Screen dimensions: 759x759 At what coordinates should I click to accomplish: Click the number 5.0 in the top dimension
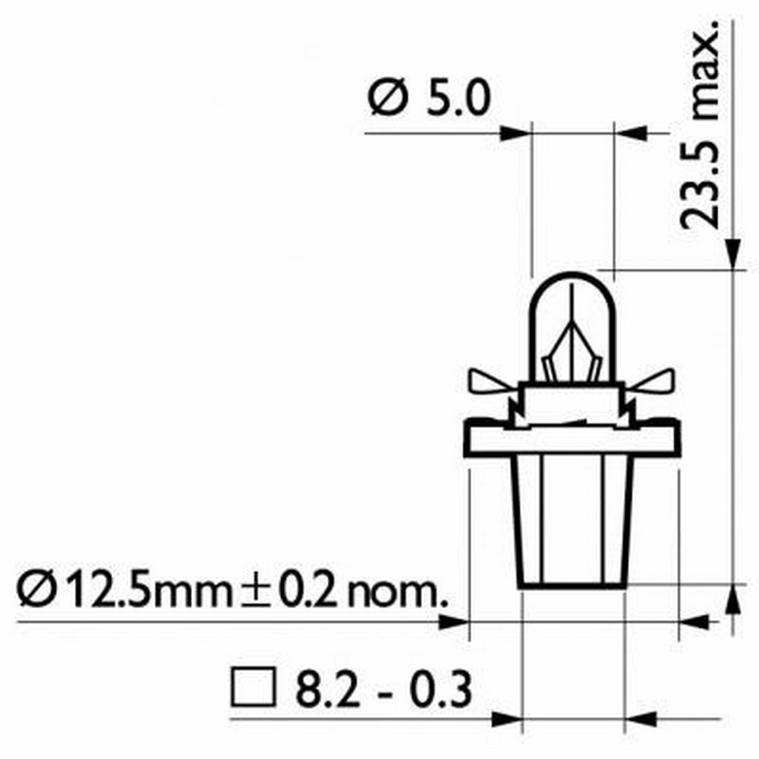tap(454, 99)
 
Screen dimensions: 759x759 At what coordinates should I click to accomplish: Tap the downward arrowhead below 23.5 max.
tap(733, 254)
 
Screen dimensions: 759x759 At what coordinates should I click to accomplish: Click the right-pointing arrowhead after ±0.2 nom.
tap(455, 622)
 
